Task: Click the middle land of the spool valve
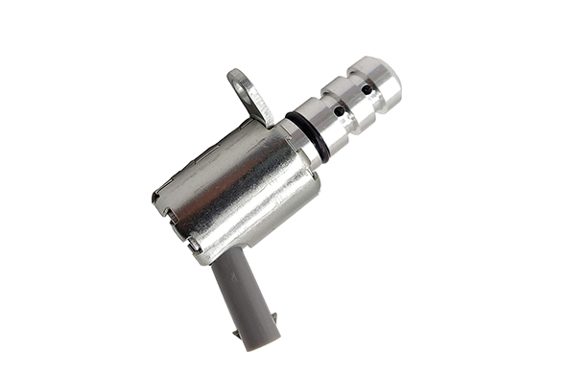[x=350, y=100]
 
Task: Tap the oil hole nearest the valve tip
[x=366, y=89]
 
